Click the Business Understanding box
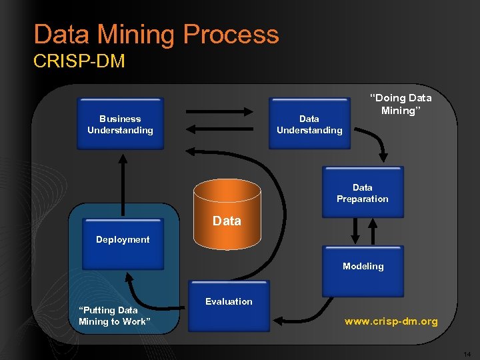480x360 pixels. [x=120, y=124]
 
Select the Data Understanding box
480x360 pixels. [x=309, y=124]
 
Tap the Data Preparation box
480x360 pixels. [x=363, y=193]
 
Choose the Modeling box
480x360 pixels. [x=363, y=271]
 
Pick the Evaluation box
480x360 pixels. [x=229, y=306]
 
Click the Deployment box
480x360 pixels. [x=123, y=244]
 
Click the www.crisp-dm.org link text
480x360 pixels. [x=391, y=321]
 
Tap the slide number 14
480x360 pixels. [x=467, y=353]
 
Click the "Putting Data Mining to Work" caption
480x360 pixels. [x=113, y=316]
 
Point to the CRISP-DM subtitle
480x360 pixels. [x=79, y=61]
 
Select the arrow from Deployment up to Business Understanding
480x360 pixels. [x=123, y=183]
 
